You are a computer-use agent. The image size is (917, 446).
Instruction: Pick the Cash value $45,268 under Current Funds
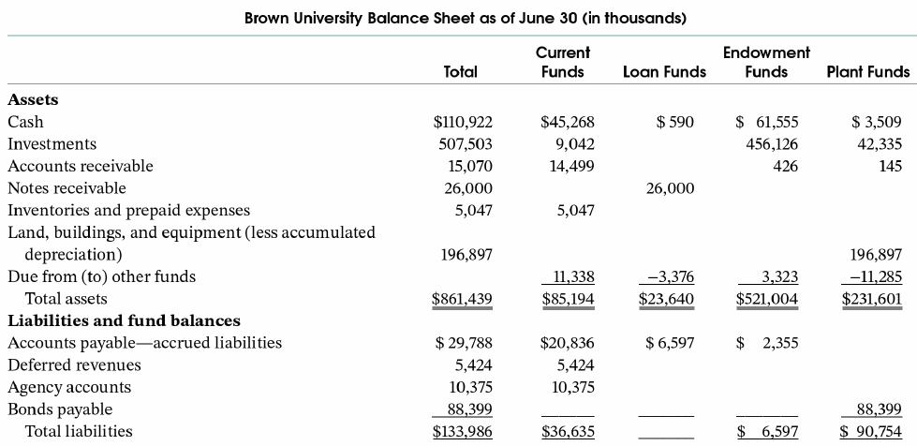coord(568,122)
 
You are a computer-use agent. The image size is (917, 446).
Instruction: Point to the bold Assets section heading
coord(33,98)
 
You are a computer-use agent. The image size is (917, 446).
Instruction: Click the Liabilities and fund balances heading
coord(124,320)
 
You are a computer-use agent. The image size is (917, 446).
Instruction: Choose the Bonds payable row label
coord(60,409)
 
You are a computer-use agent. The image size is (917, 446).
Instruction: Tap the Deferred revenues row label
coord(74,364)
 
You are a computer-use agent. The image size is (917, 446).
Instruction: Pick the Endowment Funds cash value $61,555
coord(767,122)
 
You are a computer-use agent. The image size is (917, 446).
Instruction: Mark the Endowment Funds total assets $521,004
coord(766,300)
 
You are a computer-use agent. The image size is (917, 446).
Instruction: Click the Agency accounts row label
coord(69,387)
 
